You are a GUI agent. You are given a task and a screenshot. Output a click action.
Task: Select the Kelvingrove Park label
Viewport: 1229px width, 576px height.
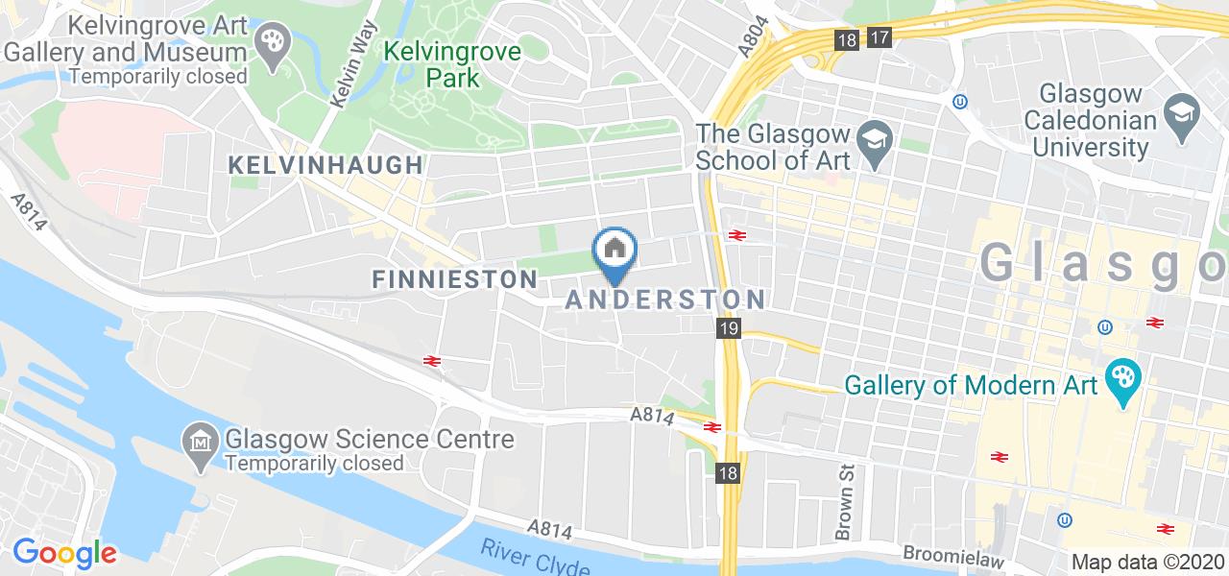coord(452,63)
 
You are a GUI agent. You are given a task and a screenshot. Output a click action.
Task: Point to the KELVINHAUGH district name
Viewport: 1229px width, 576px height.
coord(325,165)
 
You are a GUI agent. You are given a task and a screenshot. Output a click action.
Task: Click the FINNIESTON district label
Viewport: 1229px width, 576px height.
coord(453,279)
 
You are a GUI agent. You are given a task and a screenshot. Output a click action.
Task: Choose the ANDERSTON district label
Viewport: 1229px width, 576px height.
coord(664,300)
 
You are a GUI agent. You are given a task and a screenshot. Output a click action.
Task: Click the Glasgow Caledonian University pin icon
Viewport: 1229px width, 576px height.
coord(1178,113)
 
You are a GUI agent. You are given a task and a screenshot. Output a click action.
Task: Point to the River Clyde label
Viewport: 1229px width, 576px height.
coord(535,558)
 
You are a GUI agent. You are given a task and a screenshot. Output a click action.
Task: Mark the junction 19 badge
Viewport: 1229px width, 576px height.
coord(728,329)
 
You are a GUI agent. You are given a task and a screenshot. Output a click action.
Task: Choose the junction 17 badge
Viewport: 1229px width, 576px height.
coord(879,38)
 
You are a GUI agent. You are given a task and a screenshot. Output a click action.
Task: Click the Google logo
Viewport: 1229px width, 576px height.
coord(64,553)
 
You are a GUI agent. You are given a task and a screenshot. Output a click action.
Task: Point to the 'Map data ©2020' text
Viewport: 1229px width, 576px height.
coord(1147,562)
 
